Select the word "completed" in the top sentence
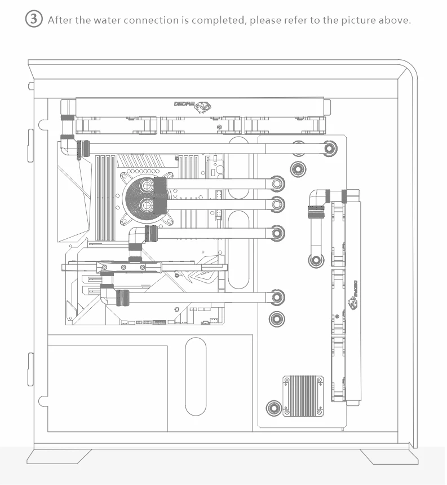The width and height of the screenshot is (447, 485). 217,20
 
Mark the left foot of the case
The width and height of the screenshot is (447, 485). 60,457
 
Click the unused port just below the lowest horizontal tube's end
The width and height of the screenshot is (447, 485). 276,318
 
